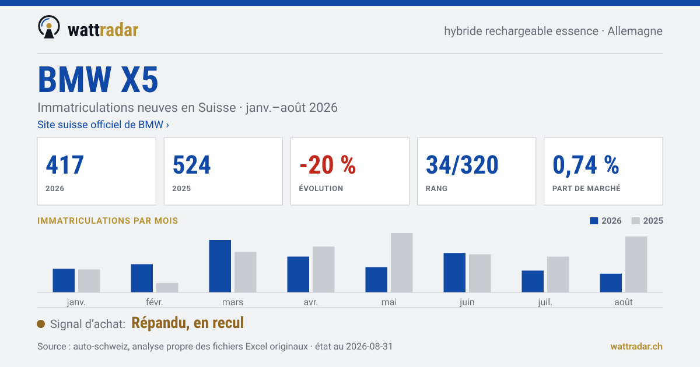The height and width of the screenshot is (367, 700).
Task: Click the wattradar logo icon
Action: pos(49,27)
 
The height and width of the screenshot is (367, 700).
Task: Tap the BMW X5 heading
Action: pos(98,79)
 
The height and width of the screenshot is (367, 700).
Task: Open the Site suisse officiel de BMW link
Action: pos(103,125)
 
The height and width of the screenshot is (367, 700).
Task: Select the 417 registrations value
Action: pos(65,165)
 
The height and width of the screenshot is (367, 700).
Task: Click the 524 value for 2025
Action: pos(191,165)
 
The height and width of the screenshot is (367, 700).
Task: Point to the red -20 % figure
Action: pos(327,165)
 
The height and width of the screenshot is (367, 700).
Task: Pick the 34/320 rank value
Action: pos(462,165)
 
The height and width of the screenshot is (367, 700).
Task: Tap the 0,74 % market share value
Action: pos(586,165)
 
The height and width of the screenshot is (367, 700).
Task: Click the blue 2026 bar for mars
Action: pos(220,266)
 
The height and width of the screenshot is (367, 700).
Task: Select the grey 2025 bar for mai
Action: pos(401,263)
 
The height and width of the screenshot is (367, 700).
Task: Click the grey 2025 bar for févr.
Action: pos(167,288)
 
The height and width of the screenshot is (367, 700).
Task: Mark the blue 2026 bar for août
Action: pos(611,283)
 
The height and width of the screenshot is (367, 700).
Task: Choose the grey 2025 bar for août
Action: pos(636,264)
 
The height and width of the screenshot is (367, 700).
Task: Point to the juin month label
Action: pos(467,302)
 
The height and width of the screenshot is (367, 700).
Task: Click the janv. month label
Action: pos(76,302)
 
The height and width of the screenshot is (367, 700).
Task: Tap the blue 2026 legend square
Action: pos(594,221)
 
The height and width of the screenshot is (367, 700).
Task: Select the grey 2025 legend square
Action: pos(636,221)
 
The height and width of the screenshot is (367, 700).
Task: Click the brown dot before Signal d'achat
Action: pos(41,324)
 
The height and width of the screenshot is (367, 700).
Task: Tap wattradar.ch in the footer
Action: pos(636,347)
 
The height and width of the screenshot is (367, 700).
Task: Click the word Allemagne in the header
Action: pos(635,31)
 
